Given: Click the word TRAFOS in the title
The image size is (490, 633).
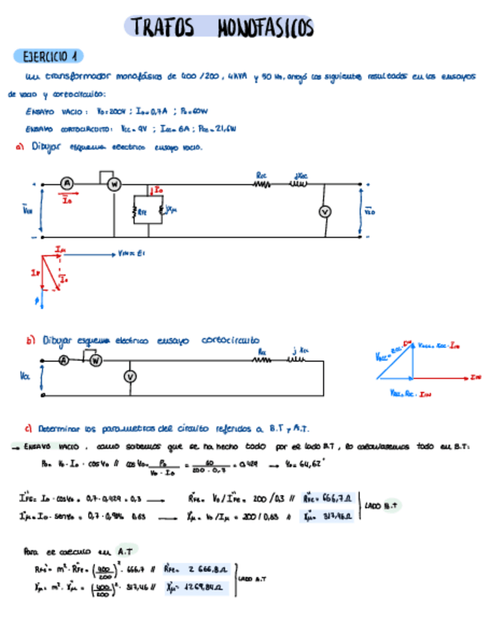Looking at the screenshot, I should (163, 28).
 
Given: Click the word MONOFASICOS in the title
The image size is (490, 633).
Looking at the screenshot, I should (265, 28).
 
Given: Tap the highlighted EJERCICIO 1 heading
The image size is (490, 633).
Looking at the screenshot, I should (49, 56).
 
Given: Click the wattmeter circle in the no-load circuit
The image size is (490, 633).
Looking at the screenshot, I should (114, 184).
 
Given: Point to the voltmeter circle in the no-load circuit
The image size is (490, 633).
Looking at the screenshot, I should (325, 212).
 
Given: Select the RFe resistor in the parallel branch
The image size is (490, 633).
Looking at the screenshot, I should (137, 211).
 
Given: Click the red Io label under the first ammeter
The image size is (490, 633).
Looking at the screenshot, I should (67, 199).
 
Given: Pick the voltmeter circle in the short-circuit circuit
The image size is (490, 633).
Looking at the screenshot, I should (129, 377).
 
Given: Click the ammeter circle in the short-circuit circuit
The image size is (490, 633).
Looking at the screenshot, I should (63, 360).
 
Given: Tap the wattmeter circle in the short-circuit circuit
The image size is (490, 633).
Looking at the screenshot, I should (95, 360).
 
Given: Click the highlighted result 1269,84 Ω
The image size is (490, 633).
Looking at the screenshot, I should (205, 587).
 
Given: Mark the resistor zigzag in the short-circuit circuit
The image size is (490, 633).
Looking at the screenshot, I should (262, 360).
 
